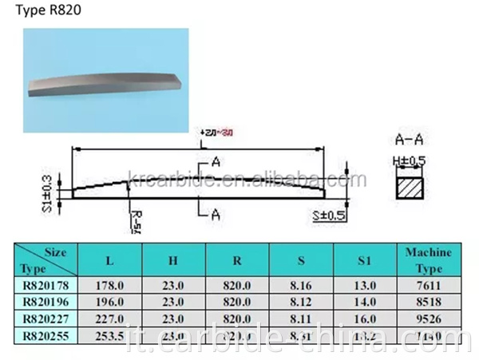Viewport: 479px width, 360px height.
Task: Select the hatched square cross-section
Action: point(411,189)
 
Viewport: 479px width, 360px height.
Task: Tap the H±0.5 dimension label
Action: point(410,160)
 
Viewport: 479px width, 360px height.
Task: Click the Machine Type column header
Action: point(428,259)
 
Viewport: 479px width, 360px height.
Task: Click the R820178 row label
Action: point(47,287)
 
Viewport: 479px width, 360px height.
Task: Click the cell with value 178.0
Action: point(109,287)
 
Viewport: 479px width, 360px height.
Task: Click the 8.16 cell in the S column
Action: point(301,287)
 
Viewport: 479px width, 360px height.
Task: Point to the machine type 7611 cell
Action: point(428,287)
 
